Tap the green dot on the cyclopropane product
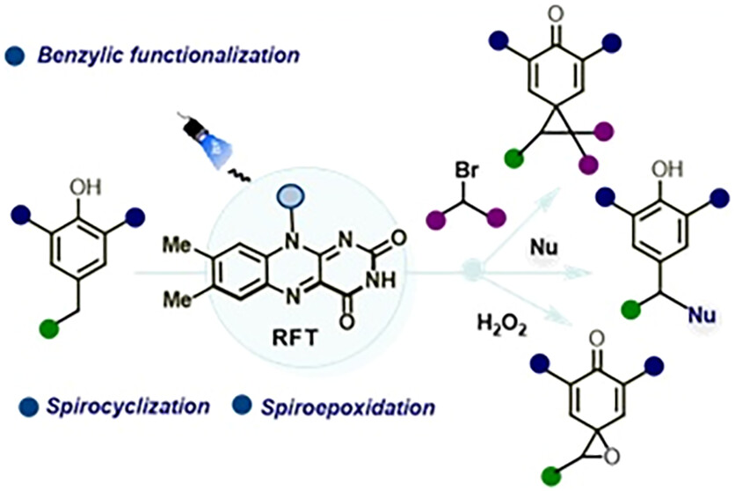tap(517, 159)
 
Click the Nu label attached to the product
tap(699, 310)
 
